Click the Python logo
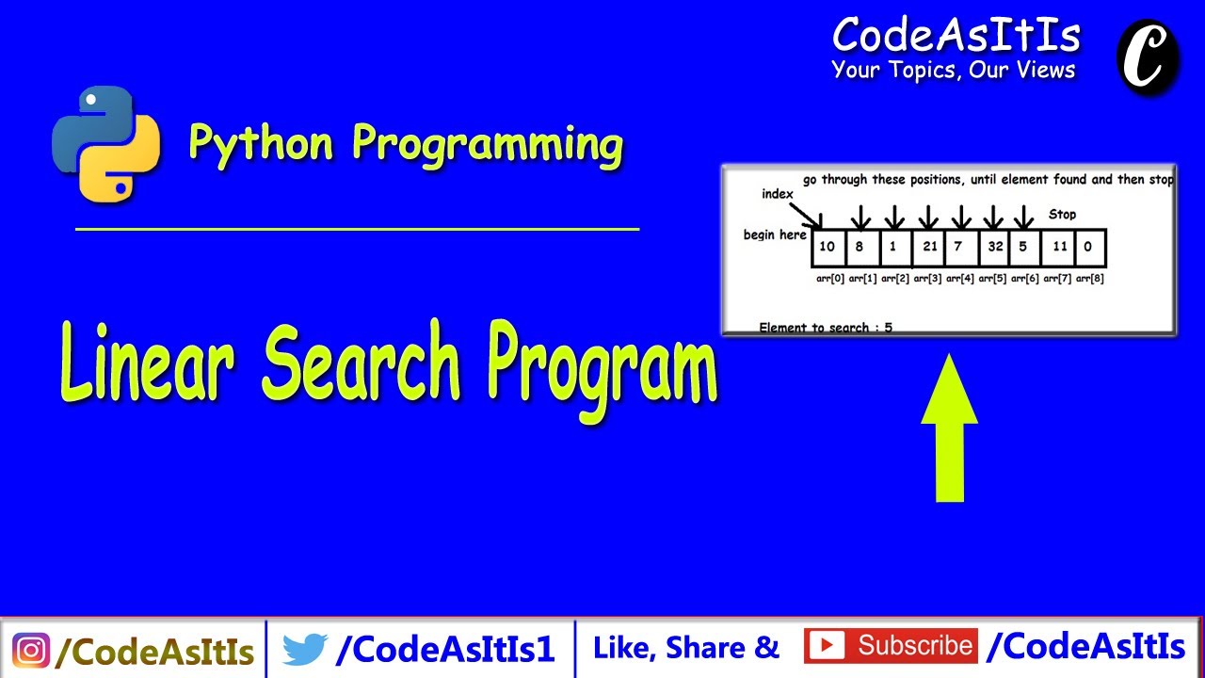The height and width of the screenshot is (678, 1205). coord(106,143)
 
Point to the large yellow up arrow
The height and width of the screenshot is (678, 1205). coord(949,428)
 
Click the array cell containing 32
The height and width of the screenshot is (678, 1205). coord(995,248)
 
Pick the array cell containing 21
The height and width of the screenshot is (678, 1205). coord(929,248)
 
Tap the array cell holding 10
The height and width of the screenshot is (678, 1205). coord(827,248)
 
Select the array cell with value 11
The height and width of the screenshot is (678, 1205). coord(1060,248)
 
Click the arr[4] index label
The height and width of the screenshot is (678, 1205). coord(959,279)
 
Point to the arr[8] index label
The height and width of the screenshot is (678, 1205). coord(1089,279)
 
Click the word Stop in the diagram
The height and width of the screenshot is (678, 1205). coord(1062,215)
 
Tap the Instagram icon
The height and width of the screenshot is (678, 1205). coord(31,650)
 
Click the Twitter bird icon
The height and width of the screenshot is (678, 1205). coord(304,649)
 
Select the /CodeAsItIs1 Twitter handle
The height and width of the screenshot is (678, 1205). coord(445,649)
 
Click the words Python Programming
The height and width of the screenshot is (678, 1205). coord(406,144)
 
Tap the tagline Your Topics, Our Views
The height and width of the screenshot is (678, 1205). coord(953,70)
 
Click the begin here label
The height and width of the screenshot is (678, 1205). coord(774,234)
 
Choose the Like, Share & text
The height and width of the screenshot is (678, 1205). coord(686,648)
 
